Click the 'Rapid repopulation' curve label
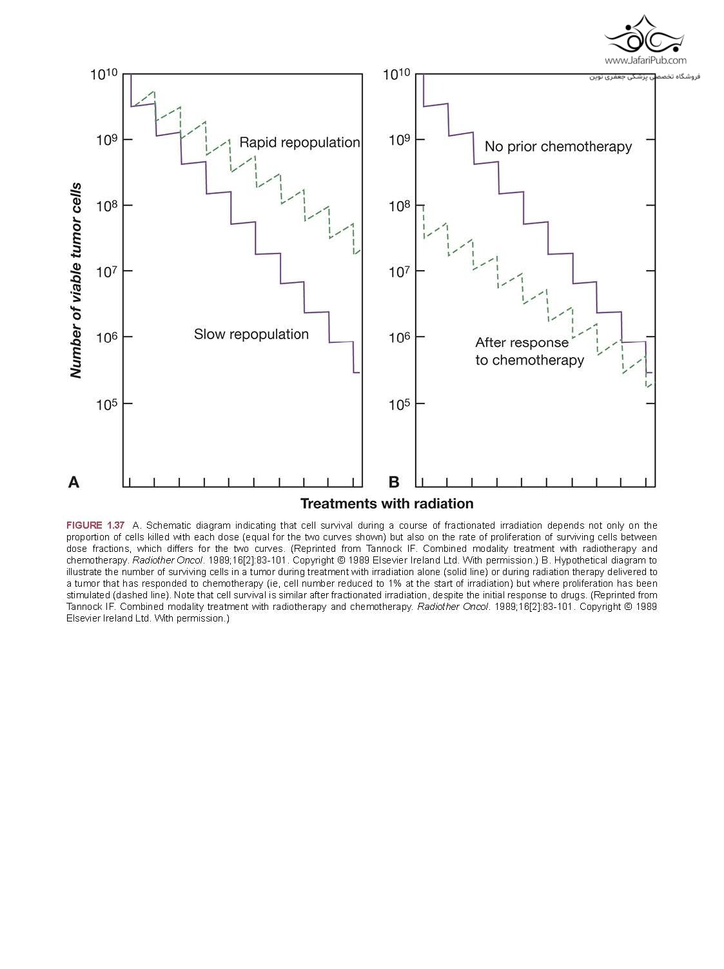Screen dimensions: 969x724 (299, 142)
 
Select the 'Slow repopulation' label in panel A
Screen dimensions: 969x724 (251, 334)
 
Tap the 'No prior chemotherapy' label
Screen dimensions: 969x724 (558, 147)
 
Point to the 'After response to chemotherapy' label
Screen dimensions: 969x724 (529, 351)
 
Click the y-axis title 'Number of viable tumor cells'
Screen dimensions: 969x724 (76, 280)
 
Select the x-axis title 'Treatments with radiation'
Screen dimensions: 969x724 (387, 504)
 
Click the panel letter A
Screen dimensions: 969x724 (74, 482)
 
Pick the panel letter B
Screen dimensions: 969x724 (394, 482)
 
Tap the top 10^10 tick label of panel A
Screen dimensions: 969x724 (103, 75)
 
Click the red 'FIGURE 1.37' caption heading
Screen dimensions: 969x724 (95, 525)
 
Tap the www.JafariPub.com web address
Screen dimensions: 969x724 (645, 61)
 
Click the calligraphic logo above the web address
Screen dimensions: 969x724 (644, 35)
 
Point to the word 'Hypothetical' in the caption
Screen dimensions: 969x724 (580, 560)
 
